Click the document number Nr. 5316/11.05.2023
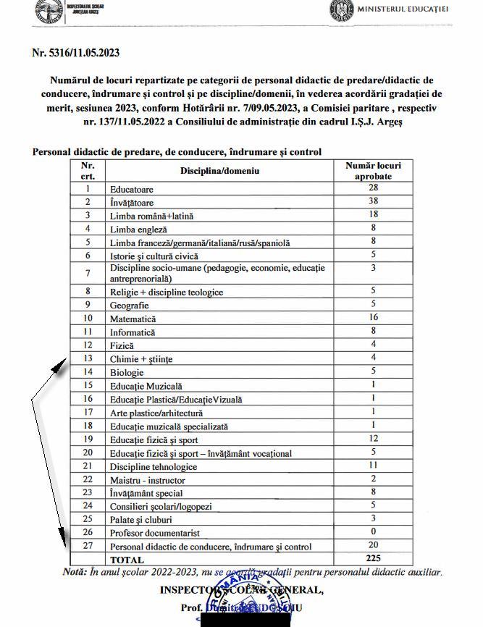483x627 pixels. coord(76,52)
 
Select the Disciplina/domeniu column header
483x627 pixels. coord(219,171)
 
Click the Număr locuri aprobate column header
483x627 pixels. coord(373,171)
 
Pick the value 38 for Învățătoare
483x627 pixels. coord(373,201)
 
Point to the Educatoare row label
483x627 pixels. coord(131,190)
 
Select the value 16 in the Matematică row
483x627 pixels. coord(373,317)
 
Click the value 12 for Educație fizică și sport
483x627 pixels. coord(373,439)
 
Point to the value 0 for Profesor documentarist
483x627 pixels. coord(373,531)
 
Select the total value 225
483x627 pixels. coord(373,558)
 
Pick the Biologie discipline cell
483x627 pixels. coord(127,372)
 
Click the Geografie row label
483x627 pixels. coord(129,306)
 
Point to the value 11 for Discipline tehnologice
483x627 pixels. coord(373,466)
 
